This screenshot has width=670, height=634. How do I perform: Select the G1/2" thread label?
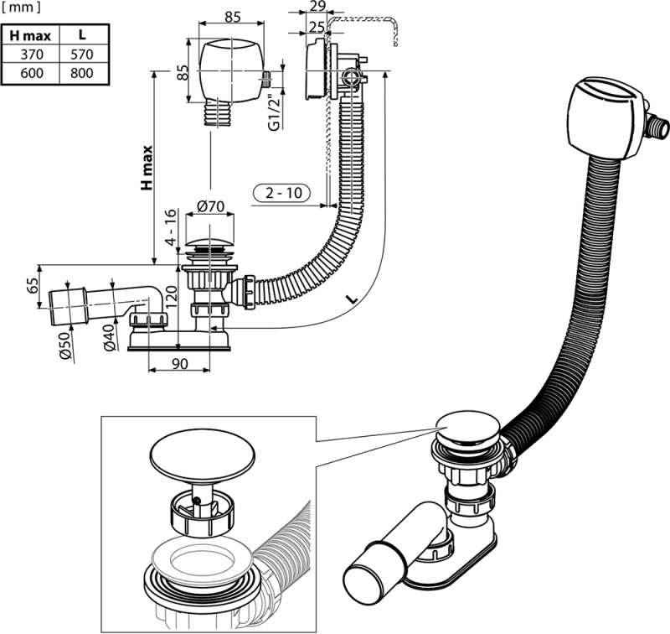point(272,110)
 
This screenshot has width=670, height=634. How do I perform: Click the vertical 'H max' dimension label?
point(147,167)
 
